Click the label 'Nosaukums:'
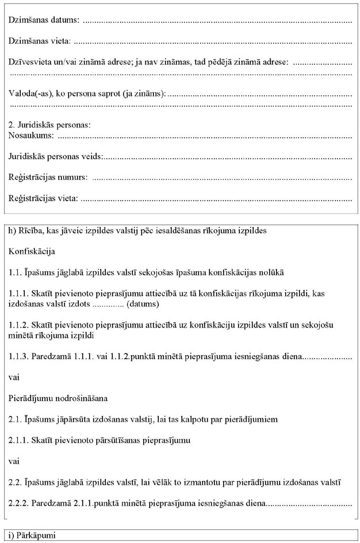[32, 136]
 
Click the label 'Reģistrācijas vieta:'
[44, 199]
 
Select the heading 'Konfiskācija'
[32, 251]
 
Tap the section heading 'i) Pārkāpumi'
[32, 536]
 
